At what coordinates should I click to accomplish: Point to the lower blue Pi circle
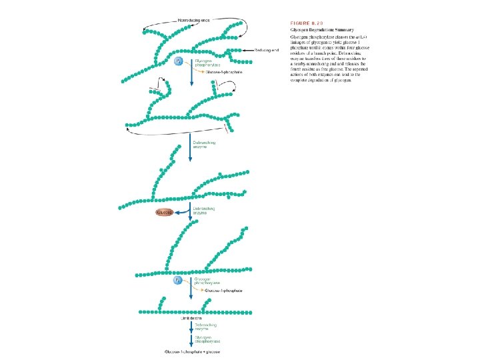(178, 281)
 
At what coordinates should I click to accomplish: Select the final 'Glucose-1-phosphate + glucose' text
(193, 351)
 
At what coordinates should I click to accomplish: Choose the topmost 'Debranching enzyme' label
(203, 145)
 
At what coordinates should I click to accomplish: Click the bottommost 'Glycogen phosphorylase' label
(202, 339)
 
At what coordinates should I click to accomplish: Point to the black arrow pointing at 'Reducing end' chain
(245, 50)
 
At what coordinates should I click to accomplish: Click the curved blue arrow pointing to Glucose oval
(181, 212)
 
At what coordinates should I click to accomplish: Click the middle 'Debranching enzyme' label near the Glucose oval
(203, 211)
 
